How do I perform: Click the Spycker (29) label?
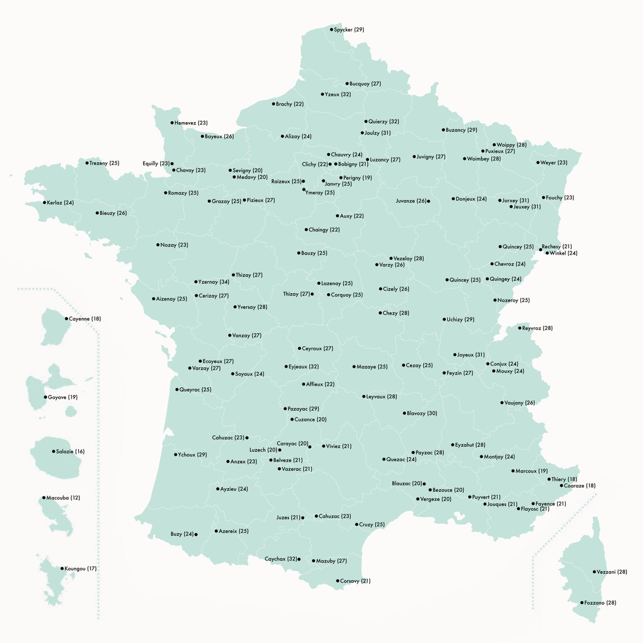click(349, 30)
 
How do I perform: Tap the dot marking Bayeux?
click(203, 137)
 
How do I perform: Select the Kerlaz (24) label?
click(60, 203)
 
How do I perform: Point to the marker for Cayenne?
click(67, 319)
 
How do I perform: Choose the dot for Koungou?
click(62, 569)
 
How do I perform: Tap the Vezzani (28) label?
click(612, 572)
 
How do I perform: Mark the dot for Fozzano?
click(582, 603)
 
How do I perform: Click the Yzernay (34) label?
click(214, 282)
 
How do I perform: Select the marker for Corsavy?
click(338, 581)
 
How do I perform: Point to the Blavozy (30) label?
click(422, 414)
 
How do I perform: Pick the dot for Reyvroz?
click(519, 328)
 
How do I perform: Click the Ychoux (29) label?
click(192, 455)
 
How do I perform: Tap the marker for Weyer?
click(538, 163)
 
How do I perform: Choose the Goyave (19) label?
click(63, 398)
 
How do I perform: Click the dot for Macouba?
click(44, 498)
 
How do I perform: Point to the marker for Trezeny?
click(87, 163)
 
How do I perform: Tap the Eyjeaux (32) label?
click(303, 367)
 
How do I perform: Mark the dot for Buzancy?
click(443, 130)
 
